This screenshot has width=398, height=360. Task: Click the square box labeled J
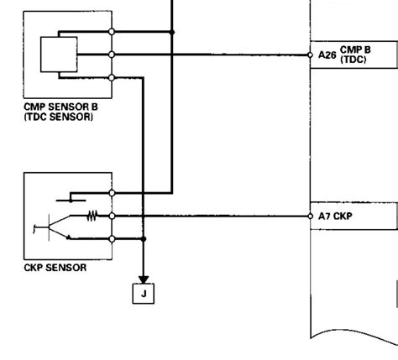click(x=144, y=295)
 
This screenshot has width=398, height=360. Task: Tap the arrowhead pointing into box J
click(x=144, y=279)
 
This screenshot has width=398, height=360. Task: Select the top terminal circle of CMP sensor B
click(x=112, y=32)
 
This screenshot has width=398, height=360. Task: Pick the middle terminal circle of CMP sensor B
click(x=112, y=55)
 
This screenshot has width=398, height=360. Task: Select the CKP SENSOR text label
click(x=56, y=269)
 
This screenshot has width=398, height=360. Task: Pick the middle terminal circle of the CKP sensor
click(x=112, y=216)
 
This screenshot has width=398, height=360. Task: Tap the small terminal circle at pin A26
click(x=309, y=55)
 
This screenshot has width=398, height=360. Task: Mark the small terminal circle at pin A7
click(x=309, y=216)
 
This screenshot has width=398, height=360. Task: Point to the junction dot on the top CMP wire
click(x=172, y=32)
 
